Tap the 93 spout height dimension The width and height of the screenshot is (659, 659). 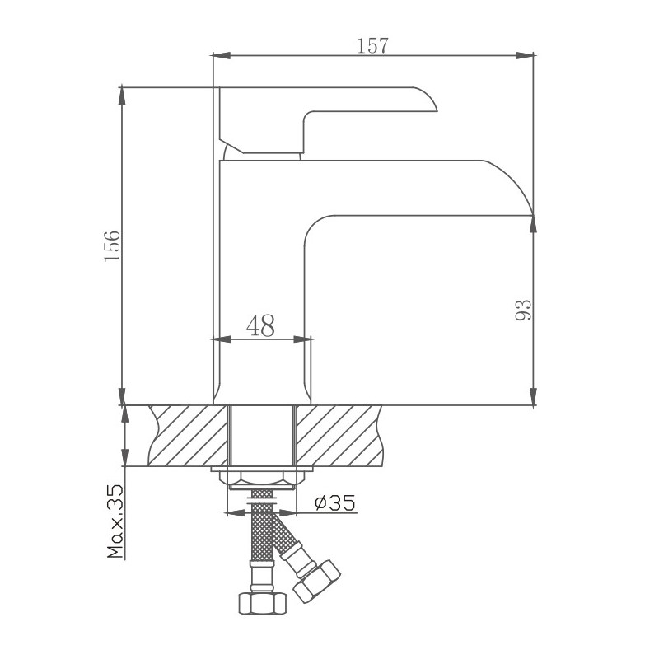click(x=522, y=310)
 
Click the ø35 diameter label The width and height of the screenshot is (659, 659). click(x=334, y=502)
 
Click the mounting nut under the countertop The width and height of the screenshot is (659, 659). click(x=261, y=477)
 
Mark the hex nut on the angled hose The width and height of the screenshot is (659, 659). click(x=317, y=579)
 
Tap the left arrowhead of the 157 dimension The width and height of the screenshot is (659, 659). click(x=219, y=56)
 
